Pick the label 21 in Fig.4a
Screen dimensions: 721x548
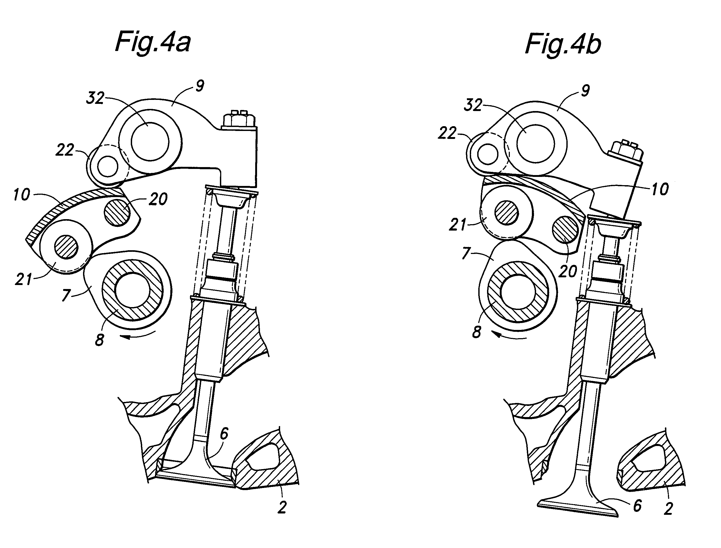[23, 279]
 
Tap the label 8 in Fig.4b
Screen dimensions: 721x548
[476, 332]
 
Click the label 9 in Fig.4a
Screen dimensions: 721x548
[200, 86]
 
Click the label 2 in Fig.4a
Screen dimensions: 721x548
[282, 507]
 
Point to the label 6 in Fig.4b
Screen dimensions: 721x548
[637, 505]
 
